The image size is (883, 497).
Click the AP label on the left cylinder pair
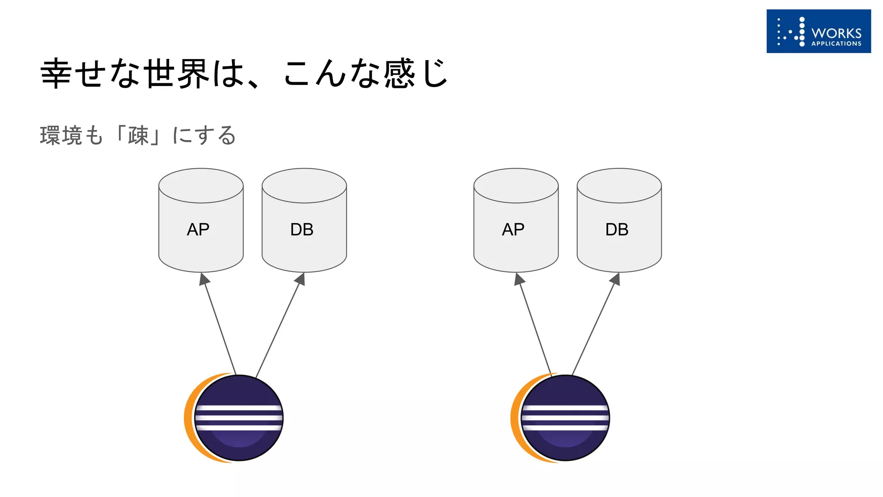[x=198, y=230]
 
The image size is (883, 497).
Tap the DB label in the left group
[x=302, y=230]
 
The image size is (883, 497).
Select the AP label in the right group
[x=513, y=230]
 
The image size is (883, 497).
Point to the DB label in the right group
[x=617, y=230]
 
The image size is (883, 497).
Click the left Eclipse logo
[x=235, y=418]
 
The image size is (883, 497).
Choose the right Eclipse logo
[x=561, y=418]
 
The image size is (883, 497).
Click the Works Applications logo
[x=818, y=31]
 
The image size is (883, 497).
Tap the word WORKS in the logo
[x=836, y=33]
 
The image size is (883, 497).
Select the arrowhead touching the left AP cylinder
[x=204, y=279]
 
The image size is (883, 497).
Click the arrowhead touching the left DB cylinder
[x=301, y=279]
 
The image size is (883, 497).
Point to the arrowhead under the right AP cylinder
[x=519, y=279]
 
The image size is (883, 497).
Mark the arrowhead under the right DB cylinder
[x=616, y=279]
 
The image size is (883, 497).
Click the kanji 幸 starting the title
[x=56, y=73]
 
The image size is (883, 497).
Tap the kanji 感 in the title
[x=399, y=73]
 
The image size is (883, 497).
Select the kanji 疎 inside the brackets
[x=138, y=135]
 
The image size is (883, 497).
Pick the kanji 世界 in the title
[x=176, y=73]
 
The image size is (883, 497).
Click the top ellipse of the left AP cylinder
[x=201, y=186]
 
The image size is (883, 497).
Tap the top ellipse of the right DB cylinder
[x=619, y=186]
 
